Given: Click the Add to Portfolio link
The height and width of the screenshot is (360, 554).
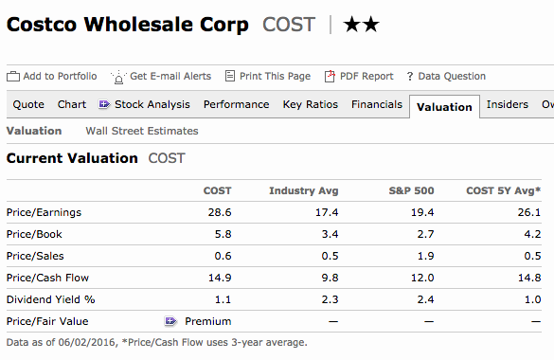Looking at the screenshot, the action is pos(51,77).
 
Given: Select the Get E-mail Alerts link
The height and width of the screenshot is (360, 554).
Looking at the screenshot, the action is pos(161,77).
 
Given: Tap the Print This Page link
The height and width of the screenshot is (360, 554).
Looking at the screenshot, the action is pos(268,77).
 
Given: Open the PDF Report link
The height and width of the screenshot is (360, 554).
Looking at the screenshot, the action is pos(359,77).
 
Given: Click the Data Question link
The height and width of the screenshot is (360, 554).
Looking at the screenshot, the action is pos(446,77).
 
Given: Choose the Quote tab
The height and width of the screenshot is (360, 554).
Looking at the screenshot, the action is pos(28,104).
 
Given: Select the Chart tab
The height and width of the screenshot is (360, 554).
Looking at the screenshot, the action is pos(72,104).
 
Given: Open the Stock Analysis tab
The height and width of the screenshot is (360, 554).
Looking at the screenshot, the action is pos(144,104).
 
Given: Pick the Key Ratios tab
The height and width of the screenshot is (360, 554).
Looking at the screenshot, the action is pos(311,104).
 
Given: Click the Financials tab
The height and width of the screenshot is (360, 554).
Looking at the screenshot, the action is pos(377,104).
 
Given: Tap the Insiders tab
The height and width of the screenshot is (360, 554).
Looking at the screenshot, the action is pos(508,104).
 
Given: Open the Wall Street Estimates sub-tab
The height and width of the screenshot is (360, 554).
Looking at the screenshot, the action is pos(142,131).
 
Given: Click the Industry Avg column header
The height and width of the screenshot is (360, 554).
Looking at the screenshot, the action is pos(303,190).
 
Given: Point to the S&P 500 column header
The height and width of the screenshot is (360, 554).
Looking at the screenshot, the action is pos(411,190).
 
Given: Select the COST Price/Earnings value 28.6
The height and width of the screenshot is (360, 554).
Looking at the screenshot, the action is pos(220,212).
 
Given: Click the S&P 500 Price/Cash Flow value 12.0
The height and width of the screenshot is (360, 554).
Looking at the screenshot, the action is pos(422,278).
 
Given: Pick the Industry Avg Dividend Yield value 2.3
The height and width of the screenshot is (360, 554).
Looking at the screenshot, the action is pos(330,299).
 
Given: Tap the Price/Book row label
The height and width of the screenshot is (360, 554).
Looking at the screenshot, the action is pos(34,234).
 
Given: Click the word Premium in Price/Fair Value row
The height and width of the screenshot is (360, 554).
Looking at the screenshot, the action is pos(208,321).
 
